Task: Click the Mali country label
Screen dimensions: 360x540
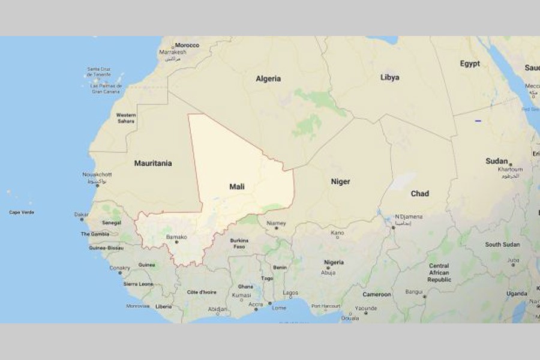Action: [x=237, y=187]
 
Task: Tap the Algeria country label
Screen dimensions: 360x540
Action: [x=268, y=79]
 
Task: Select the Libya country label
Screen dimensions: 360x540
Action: [x=389, y=77]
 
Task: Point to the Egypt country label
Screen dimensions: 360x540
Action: [x=470, y=64]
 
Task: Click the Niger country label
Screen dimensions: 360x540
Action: [x=340, y=181]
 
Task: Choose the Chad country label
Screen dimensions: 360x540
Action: [x=419, y=193]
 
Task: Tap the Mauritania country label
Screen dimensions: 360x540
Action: [x=152, y=163]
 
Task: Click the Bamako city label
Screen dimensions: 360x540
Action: [x=176, y=238]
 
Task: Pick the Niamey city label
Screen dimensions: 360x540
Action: [x=276, y=223]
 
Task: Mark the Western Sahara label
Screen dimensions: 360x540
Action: [x=126, y=118]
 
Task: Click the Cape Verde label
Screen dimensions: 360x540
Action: [x=22, y=212]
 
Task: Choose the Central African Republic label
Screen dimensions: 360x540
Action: [x=439, y=272]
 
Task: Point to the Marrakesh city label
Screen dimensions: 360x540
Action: [x=173, y=52]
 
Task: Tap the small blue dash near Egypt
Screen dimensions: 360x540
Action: [x=478, y=121]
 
